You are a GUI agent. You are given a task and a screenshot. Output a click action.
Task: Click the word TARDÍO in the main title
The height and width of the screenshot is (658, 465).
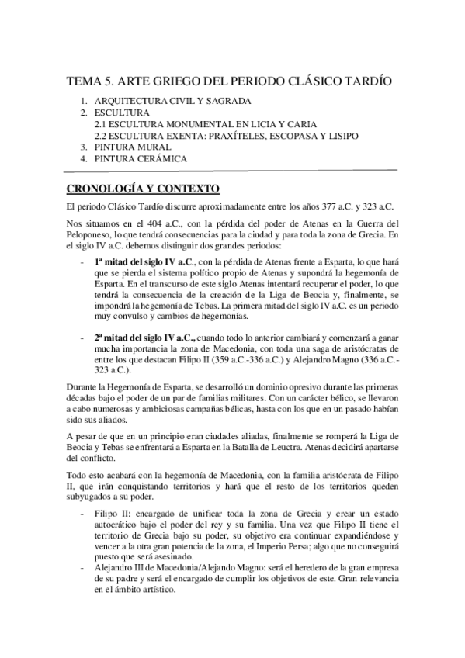click(x=366, y=81)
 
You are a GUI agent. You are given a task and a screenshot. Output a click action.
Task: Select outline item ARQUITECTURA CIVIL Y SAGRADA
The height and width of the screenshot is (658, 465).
click(x=172, y=102)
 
